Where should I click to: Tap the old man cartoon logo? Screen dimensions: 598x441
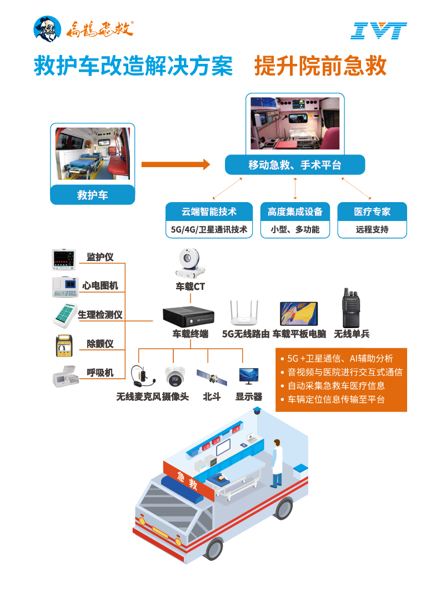pos(48,29)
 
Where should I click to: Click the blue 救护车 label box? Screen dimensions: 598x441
pos(93,195)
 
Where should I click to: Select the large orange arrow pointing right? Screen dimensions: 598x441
pos(176,164)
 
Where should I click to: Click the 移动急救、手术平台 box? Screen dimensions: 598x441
pos(294,165)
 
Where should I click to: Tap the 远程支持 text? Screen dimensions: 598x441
pos(372,229)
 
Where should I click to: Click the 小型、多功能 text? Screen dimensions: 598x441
pos(295,229)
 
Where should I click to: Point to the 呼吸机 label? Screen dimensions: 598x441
pos(101,373)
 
